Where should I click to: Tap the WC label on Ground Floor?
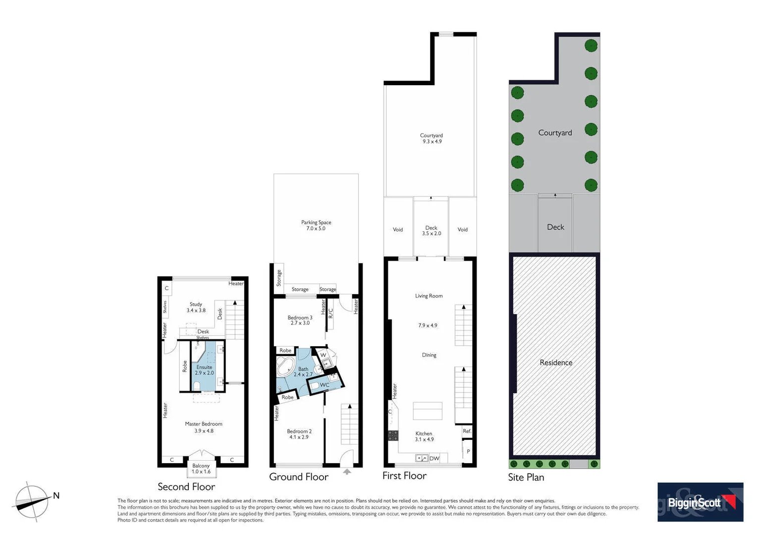(324, 385)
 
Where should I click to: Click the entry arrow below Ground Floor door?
(347, 472)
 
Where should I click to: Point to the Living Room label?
(429, 296)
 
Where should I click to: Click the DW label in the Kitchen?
(434, 458)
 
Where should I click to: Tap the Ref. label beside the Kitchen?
(467, 431)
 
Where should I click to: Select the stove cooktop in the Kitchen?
(393, 435)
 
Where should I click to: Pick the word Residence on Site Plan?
(556, 363)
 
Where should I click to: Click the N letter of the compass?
(56, 495)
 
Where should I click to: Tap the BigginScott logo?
(700, 502)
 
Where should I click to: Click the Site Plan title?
(526, 477)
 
